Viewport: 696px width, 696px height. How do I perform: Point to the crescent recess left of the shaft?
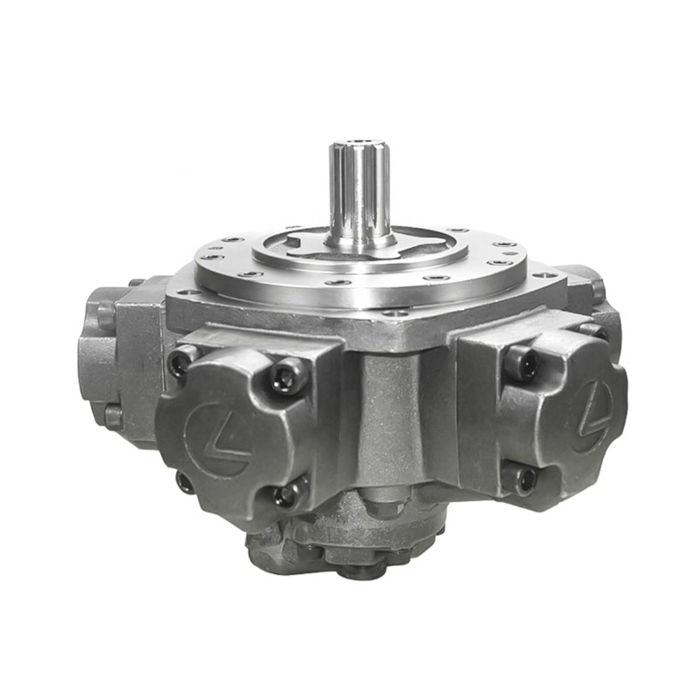(300, 244)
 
